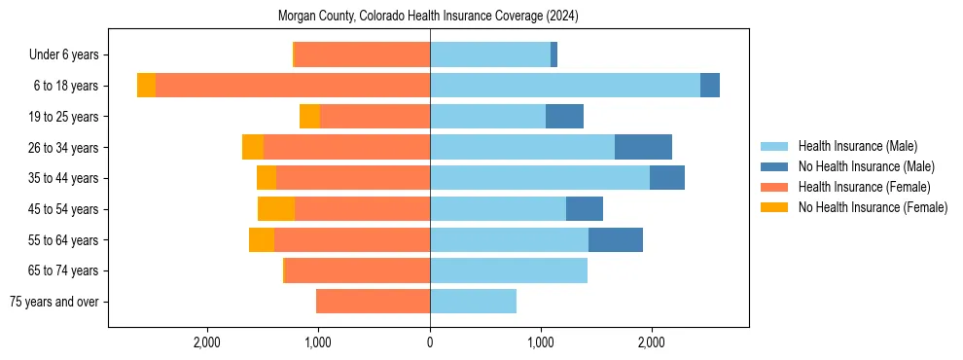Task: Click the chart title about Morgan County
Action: (x=429, y=17)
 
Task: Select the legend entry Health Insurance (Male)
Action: (x=857, y=146)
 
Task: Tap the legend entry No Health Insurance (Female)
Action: (x=873, y=207)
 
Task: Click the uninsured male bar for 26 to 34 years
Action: (x=643, y=147)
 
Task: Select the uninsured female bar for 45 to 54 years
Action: (x=276, y=209)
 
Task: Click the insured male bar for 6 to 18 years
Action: (x=565, y=86)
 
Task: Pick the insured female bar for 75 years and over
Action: (x=373, y=302)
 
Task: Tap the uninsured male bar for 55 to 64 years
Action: (x=616, y=239)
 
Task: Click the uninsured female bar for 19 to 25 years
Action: (x=309, y=117)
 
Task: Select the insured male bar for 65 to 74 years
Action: (x=509, y=270)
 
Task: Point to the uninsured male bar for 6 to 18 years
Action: (x=710, y=86)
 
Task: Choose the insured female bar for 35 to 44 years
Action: (x=353, y=178)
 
